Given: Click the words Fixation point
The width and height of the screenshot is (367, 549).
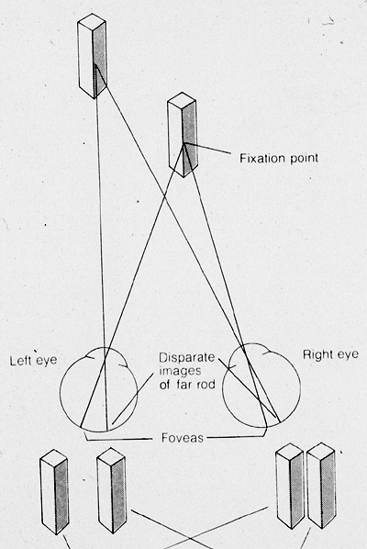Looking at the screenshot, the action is [279, 158].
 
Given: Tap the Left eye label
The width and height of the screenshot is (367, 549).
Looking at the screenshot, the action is [33, 361].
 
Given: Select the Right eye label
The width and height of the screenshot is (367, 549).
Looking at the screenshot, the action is [330, 354].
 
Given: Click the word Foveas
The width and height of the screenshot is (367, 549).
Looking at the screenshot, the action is [183, 438].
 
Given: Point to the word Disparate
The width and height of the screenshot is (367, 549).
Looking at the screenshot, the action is [187, 357].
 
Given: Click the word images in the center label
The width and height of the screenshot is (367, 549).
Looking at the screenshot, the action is [180, 371].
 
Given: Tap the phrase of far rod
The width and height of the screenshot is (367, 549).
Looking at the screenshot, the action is [187, 385].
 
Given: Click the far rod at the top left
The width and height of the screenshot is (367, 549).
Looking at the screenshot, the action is [93, 56].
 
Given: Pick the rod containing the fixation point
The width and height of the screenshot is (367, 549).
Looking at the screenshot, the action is [183, 135].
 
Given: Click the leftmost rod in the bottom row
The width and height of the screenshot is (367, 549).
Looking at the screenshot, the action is [54, 492].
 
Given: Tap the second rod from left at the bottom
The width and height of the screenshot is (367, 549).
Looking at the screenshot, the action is [112, 490].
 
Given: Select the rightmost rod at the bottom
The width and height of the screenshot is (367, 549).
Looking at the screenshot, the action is [321, 486].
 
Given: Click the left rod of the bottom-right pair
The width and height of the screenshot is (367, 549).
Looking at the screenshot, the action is [290, 486].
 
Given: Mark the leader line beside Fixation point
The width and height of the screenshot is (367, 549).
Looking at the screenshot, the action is [208, 149].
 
